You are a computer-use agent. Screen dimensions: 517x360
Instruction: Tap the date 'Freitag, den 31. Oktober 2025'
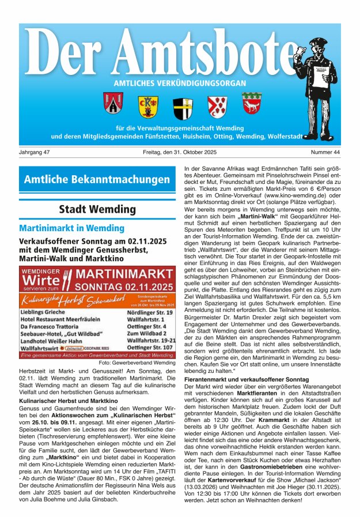[x=180, y=152]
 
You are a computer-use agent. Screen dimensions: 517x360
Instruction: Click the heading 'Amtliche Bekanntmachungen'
[x=97, y=180]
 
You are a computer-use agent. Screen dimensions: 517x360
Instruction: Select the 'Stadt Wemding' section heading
[x=97, y=209]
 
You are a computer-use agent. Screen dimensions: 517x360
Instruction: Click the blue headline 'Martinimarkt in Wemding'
[x=71, y=229]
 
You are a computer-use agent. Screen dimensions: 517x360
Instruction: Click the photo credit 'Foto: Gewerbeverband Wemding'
[x=137, y=363]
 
